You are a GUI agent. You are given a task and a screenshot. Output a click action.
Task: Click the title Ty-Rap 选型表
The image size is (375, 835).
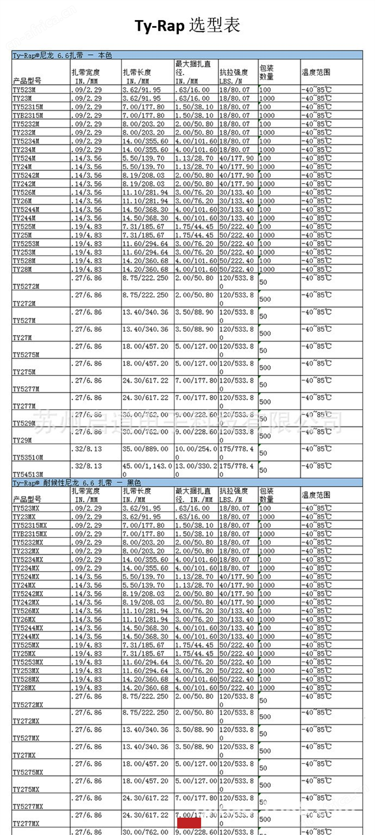point(187,26)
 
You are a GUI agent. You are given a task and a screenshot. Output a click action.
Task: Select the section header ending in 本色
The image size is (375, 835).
point(62,55)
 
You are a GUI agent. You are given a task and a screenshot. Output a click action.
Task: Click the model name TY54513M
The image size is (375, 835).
point(27,474)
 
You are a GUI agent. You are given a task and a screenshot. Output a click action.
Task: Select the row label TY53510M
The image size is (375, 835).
point(27,457)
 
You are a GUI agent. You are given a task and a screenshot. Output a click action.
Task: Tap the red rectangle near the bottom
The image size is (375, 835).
point(189,823)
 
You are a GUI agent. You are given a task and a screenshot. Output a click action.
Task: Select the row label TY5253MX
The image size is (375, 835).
point(28,662)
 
